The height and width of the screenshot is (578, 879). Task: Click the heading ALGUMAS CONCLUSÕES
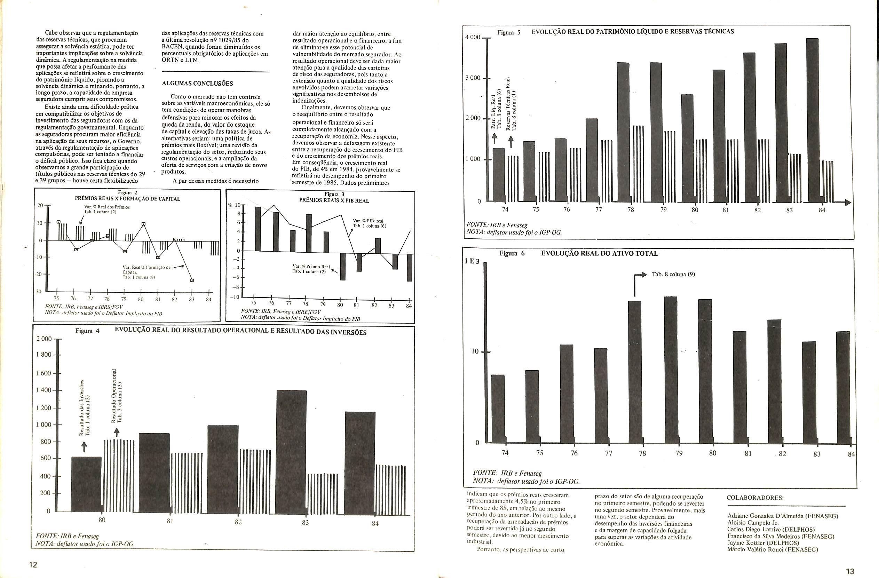point(197,84)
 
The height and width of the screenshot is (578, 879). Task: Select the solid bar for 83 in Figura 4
point(291,451)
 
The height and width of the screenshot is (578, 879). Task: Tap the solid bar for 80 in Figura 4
point(86,484)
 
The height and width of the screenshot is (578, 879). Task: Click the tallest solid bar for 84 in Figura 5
point(813,118)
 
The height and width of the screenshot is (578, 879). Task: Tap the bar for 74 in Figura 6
point(498,409)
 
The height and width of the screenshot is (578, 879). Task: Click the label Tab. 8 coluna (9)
point(673,275)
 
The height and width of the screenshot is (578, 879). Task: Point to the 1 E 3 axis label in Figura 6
point(472,261)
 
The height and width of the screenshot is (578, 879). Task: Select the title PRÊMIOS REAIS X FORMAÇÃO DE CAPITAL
point(127,199)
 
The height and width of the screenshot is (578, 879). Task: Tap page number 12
point(33,565)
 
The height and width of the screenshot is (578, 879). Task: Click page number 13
point(850,571)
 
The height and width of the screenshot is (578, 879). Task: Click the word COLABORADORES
point(755,498)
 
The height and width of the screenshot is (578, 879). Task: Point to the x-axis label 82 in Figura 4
point(238,522)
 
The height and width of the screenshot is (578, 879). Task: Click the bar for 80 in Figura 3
point(342,266)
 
